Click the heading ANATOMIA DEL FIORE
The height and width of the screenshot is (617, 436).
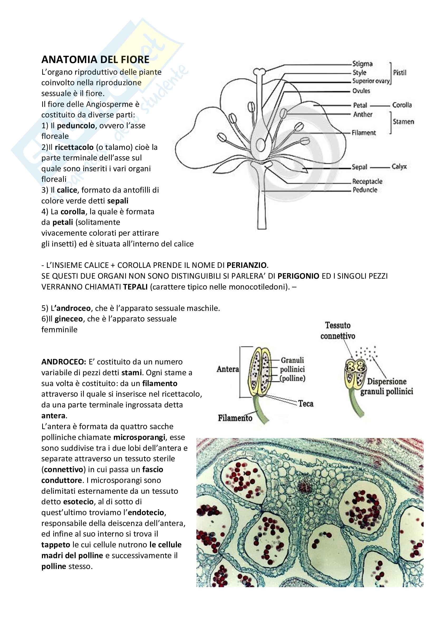(x=95, y=59)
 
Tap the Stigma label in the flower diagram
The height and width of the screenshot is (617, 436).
(x=362, y=64)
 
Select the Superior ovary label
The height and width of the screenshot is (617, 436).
(x=371, y=81)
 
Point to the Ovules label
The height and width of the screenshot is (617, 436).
(x=361, y=91)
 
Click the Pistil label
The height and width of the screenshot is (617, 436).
(x=399, y=73)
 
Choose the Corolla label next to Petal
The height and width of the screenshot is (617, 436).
(x=402, y=105)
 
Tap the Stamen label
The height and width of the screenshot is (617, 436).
(x=403, y=122)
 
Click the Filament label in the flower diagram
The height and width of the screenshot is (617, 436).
(x=364, y=133)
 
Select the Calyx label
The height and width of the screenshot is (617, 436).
(x=399, y=167)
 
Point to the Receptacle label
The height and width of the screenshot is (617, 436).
(x=367, y=181)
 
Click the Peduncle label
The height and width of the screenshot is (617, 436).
(x=365, y=190)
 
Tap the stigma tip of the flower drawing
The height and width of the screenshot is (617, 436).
(x=260, y=72)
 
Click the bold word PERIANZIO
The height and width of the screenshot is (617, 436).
(x=246, y=265)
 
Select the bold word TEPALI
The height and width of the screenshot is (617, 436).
(x=135, y=287)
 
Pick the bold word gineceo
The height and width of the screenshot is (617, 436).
(x=69, y=319)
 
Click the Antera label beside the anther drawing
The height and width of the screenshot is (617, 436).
(x=228, y=369)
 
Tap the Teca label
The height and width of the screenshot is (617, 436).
(x=306, y=403)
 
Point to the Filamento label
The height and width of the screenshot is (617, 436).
(x=235, y=418)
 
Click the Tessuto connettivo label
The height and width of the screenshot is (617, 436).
(x=338, y=330)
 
